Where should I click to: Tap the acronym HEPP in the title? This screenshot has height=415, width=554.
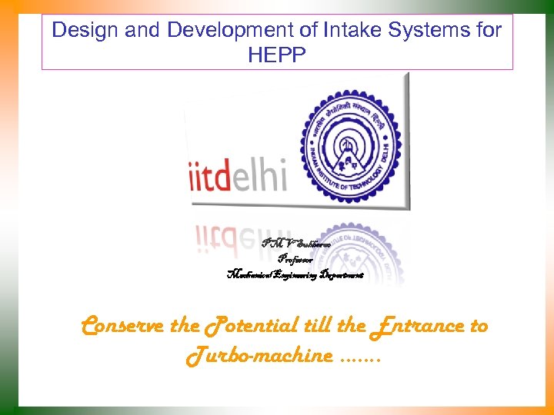pyautogui.click(x=277, y=55)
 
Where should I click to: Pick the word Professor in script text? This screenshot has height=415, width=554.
pyautogui.click(x=295, y=260)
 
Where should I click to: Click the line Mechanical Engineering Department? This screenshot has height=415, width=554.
pyautogui.click(x=294, y=274)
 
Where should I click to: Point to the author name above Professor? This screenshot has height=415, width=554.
pyautogui.click(x=295, y=244)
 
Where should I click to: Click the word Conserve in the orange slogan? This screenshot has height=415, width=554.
pyautogui.click(x=123, y=326)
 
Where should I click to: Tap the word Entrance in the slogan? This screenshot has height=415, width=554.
pyautogui.click(x=417, y=326)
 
